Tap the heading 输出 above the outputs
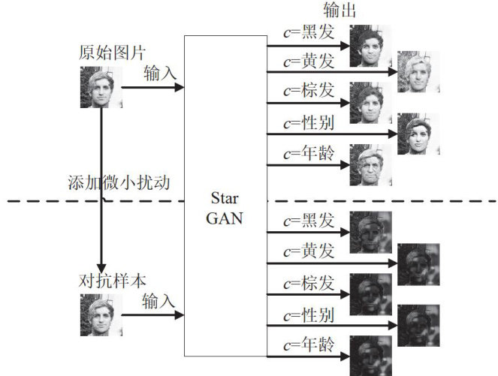(x=339, y=10)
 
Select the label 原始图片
(x=112, y=53)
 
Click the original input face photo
(x=101, y=87)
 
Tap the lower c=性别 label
(x=307, y=311)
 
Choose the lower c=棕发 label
(x=307, y=282)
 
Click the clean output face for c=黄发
(x=418, y=71)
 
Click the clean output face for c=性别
(x=418, y=134)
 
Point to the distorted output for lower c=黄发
(x=418, y=264)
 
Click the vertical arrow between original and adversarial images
(x=100, y=188)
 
